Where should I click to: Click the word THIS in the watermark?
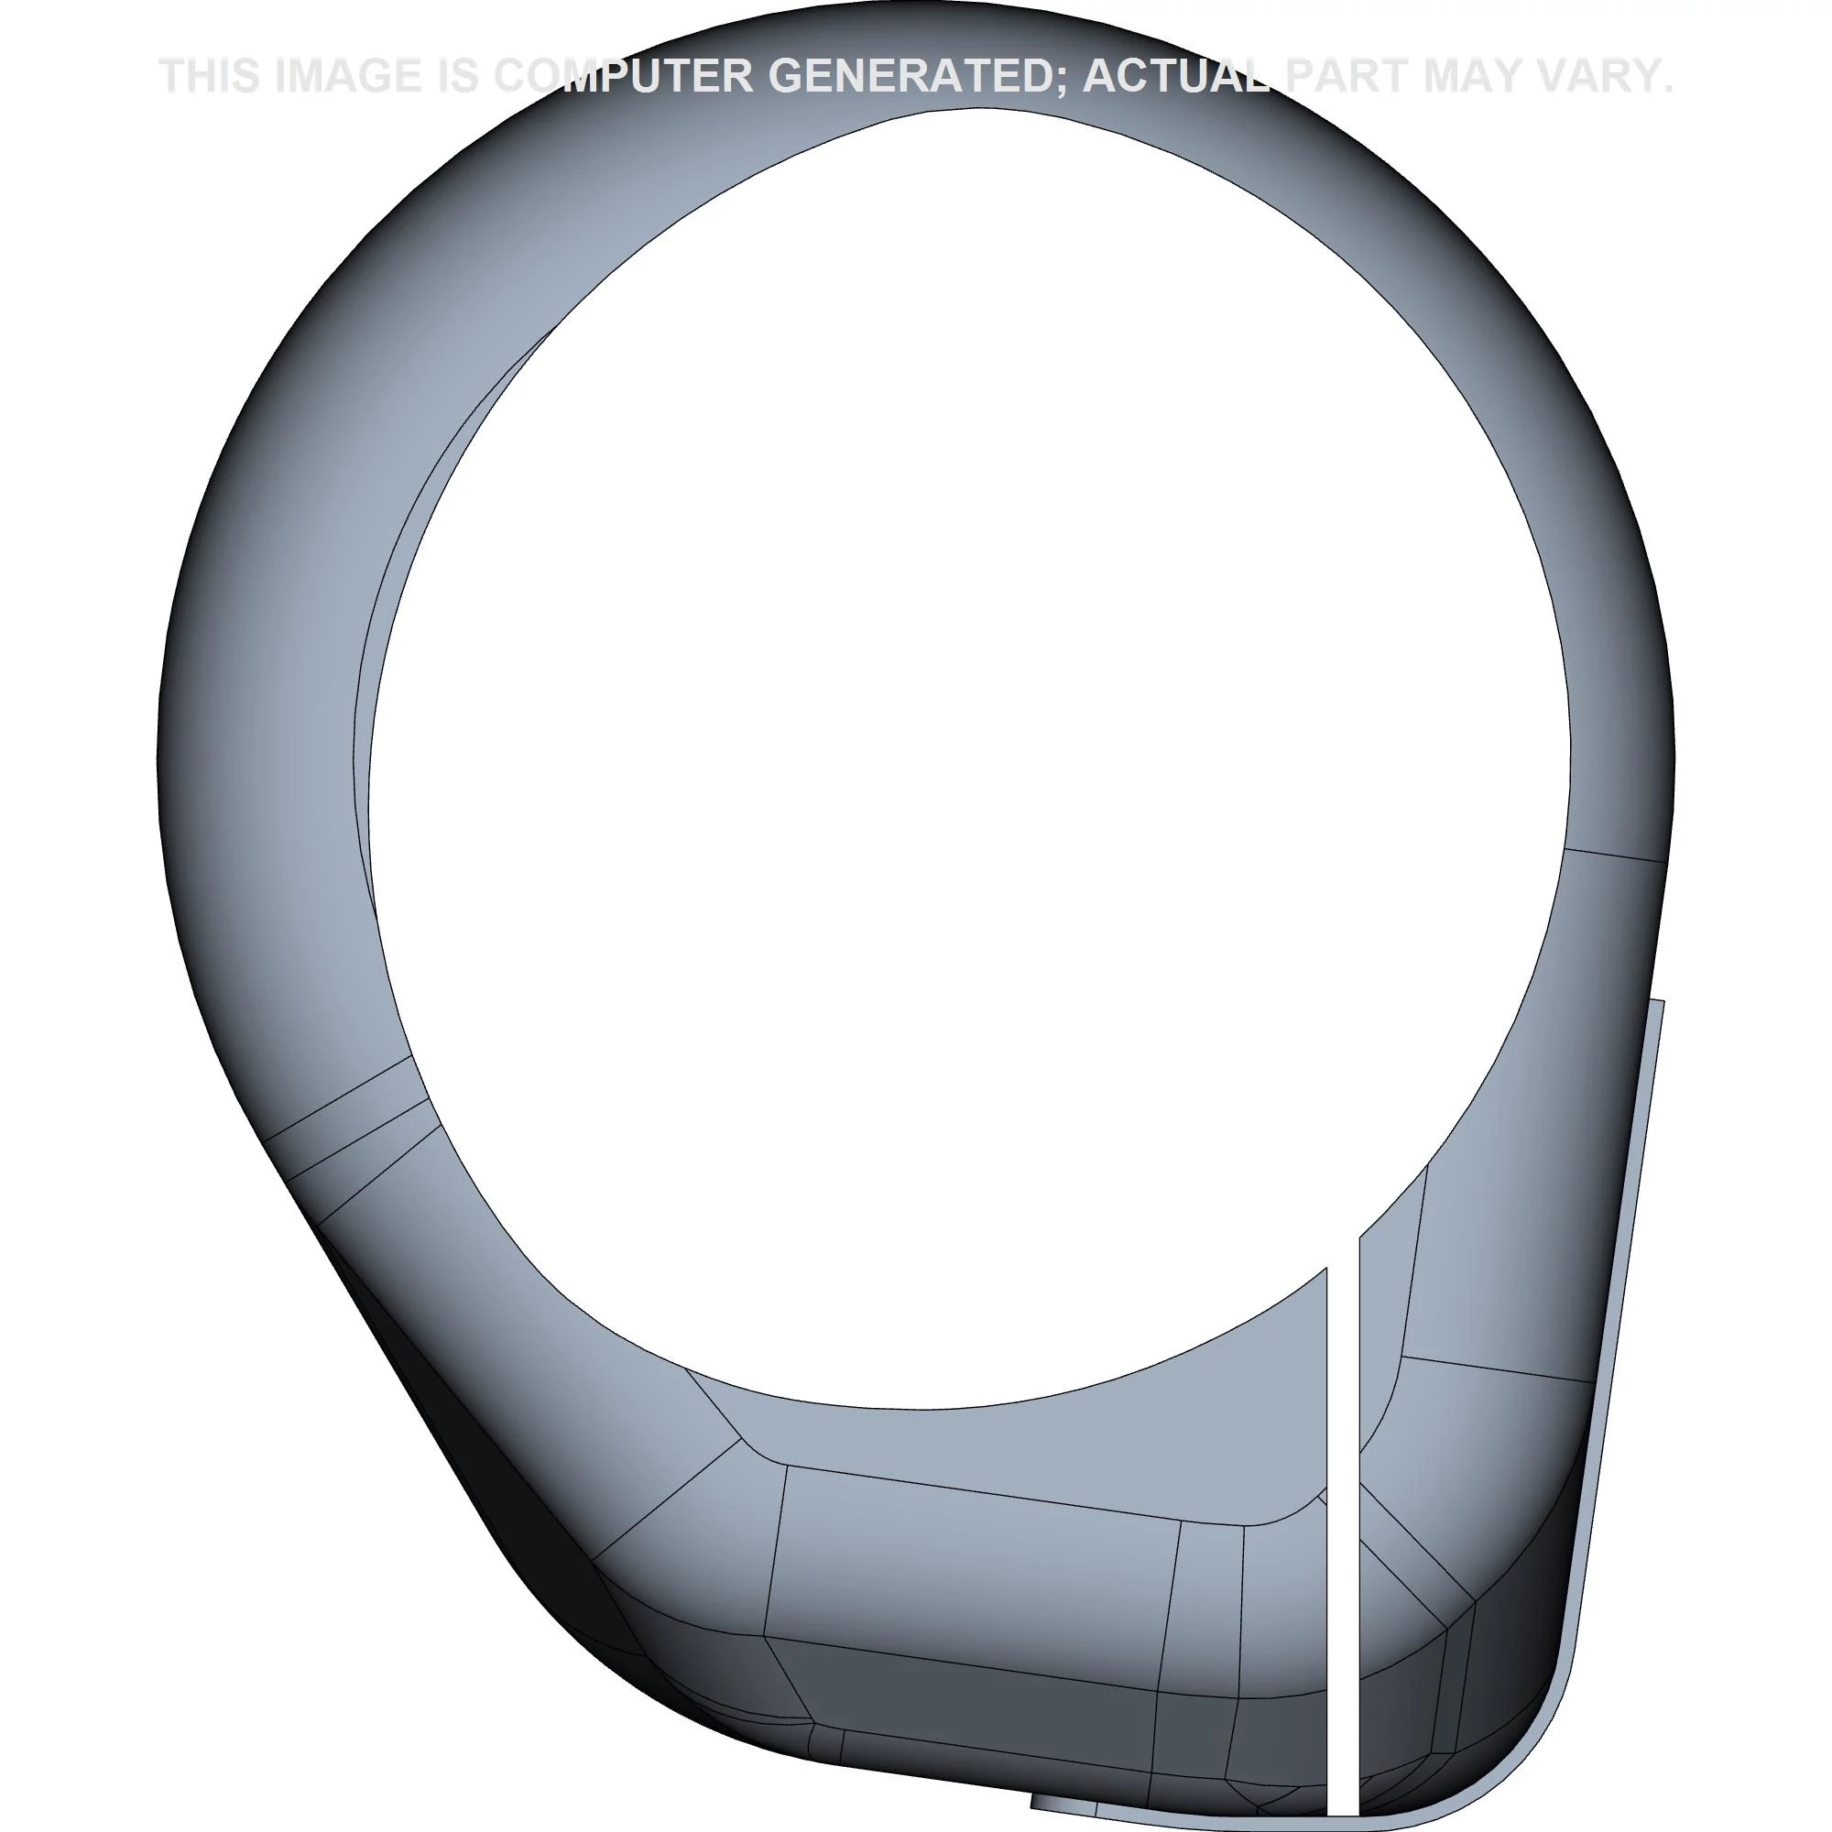[211, 76]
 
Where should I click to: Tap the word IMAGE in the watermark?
[347, 76]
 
